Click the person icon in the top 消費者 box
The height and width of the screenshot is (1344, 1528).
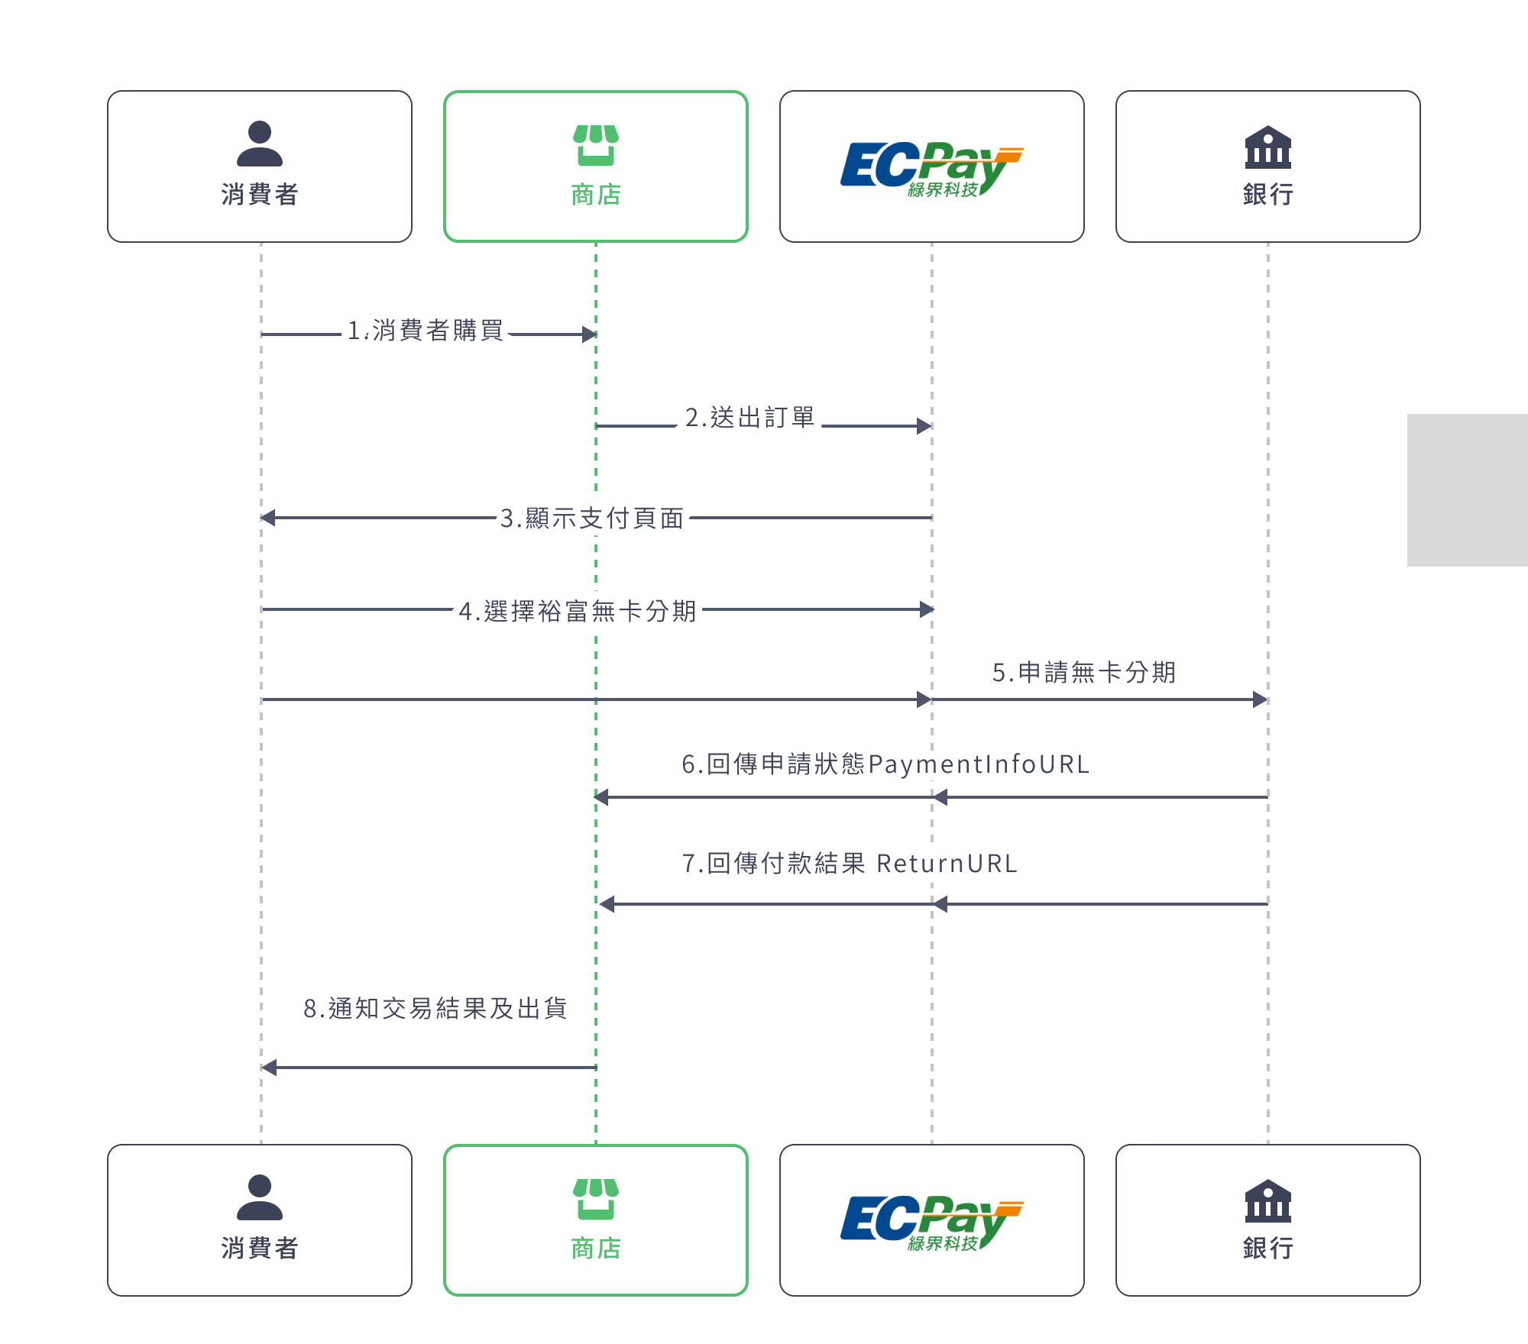click(x=260, y=144)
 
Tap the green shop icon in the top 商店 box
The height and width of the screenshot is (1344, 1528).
click(x=596, y=145)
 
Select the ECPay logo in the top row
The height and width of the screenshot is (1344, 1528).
click(x=931, y=168)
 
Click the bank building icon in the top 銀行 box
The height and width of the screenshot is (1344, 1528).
click(x=1267, y=147)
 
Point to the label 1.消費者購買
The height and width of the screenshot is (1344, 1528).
click(x=426, y=331)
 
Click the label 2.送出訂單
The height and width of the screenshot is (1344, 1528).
click(x=749, y=418)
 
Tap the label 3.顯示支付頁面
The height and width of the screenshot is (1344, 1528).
click(x=592, y=519)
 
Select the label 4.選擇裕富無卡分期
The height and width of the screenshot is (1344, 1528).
click(x=578, y=611)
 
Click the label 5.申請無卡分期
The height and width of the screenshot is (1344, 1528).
click(x=1083, y=672)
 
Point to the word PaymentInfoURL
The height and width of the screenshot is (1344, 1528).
click(x=979, y=764)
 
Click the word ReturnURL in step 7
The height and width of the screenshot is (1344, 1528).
click(x=947, y=864)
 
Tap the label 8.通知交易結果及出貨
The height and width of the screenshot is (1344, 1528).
click(x=435, y=1009)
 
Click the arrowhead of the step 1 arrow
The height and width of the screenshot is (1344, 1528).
click(x=589, y=334)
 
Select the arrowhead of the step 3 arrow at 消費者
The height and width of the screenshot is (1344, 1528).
click(x=268, y=518)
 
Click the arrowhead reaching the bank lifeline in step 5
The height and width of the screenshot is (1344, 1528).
click(x=1261, y=699)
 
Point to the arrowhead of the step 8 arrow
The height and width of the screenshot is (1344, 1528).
click(x=269, y=1068)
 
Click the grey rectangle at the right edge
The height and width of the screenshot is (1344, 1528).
click(x=1467, y=490)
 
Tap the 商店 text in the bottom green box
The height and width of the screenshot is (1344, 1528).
click(x=596, y=1249)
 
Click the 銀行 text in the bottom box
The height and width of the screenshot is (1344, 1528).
click(x=1267, y=1249)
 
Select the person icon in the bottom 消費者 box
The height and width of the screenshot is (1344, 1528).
click(x=260, y=1197)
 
